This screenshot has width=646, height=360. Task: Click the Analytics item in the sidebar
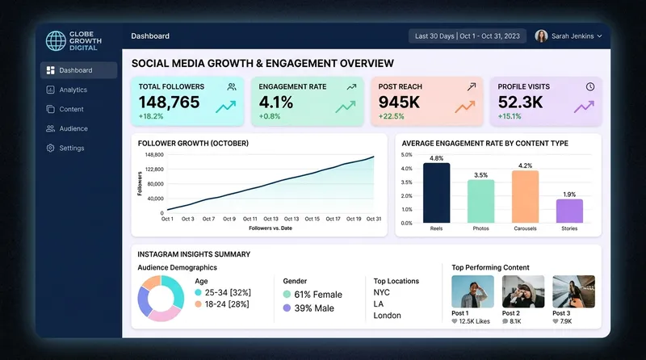(x=73, y=90)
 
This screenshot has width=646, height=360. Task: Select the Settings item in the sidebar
(x=71, y=148)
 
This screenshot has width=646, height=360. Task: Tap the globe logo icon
(x=56, y=40)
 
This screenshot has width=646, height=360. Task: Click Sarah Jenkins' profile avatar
(x=541, y=36)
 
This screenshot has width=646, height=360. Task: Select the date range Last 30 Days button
(x=468, y=36)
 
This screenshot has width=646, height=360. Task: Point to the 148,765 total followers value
(x=169, y=102)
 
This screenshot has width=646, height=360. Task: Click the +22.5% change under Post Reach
(x=393, y=116)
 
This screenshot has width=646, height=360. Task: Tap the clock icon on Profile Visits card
(x=590, y=86)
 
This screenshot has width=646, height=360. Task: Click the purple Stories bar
(x=569, y=211)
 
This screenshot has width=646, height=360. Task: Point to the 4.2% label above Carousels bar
(x=525, y=165)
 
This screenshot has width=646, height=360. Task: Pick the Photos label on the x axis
(x=480, y=228)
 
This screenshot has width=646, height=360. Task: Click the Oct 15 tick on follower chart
(x=312, y=219)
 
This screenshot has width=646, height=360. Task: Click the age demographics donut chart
(x=161, y=297)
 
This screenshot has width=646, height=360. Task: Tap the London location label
(x=388, y=316)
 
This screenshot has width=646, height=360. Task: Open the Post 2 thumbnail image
(x=523, y=291)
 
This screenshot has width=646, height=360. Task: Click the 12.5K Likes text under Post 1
(x=474, y=321)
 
